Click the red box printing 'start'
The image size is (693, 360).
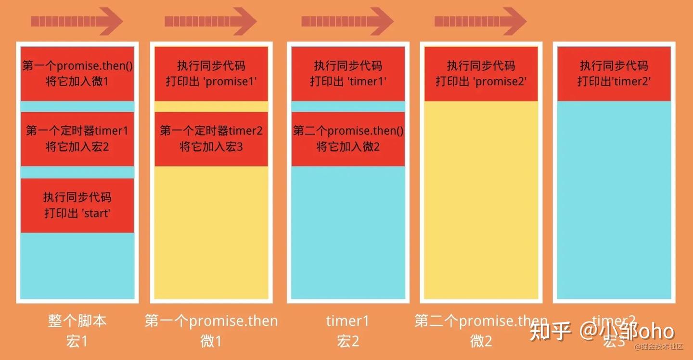coord(77,206)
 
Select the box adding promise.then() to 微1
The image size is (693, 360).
coord(77,74)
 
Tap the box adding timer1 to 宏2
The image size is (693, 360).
coord(77,139)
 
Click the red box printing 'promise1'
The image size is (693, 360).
coord(211,74)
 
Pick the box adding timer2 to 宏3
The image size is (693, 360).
coord(211,139)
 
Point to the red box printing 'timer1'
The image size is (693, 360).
coord(348,74)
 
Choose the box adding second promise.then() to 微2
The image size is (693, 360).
coord(348,139)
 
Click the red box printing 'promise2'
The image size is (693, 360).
coord(481,74)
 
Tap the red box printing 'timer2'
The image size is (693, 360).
coord(614,74)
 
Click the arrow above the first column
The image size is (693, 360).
coord(77,21)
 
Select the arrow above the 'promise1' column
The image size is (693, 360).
coord(211,21)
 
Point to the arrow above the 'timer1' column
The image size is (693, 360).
coord(347,21)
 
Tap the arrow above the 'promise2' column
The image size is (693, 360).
coord(480,21)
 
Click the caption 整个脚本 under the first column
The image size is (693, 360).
coord(77,321)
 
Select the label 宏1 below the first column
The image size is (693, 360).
coord(77,341)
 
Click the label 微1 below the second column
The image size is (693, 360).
coord(211,341)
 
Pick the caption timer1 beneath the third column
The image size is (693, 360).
coord(347,321)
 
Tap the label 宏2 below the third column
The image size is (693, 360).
coord(348,341)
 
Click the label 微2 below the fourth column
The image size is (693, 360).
coord(481,341)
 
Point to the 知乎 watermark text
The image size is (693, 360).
coord(551,331)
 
